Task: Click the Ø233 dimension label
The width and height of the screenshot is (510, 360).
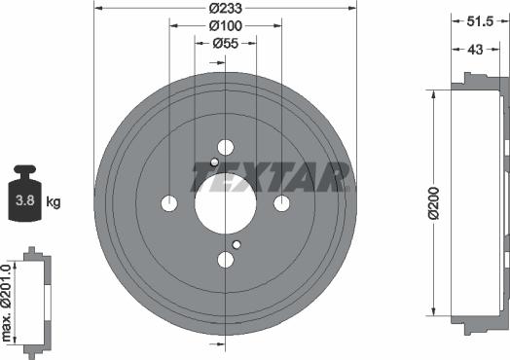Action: [x=226, y=8]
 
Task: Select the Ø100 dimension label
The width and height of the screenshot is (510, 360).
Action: [x=226, y=25]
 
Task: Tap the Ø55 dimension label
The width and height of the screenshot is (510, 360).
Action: [x=226, y=43]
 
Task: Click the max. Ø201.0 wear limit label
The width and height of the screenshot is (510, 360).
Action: [x=8, y=301]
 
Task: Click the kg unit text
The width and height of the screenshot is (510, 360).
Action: [x=55, y=202]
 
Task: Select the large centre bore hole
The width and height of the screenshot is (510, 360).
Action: [x=226, y=203]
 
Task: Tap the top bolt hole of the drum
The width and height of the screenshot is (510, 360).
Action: [x=226, y=147]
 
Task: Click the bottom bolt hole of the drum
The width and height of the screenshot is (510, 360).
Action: [x=226, y=260]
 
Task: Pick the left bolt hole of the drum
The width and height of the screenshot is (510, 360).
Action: [x=169, y=203]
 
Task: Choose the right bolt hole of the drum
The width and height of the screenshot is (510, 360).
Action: [x=282, y=203]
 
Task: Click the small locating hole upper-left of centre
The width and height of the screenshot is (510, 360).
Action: [x=214, y=162]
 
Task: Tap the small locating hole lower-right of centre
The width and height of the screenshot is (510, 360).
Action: [x=237, y=244]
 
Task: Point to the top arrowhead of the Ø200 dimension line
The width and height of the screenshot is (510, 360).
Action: [x=429, y=94]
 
